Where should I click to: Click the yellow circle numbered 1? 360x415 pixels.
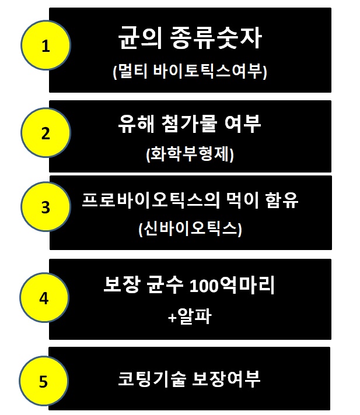point(46,46)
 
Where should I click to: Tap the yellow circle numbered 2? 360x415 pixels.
point(46,133)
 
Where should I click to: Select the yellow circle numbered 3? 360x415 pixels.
point(46,207)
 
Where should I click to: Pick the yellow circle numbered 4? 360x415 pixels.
point(46,298)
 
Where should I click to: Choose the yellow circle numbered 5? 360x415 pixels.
point(46,381)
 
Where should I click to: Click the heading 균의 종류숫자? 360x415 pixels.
point(190,40)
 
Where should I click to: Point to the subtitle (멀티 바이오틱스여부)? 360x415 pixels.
point(190,72)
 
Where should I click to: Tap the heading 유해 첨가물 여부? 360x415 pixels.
point(190,124)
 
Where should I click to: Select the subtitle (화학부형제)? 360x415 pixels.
point(190,154)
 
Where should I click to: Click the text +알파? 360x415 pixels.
point(189,317)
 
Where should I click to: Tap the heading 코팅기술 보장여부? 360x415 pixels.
point(189,379)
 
